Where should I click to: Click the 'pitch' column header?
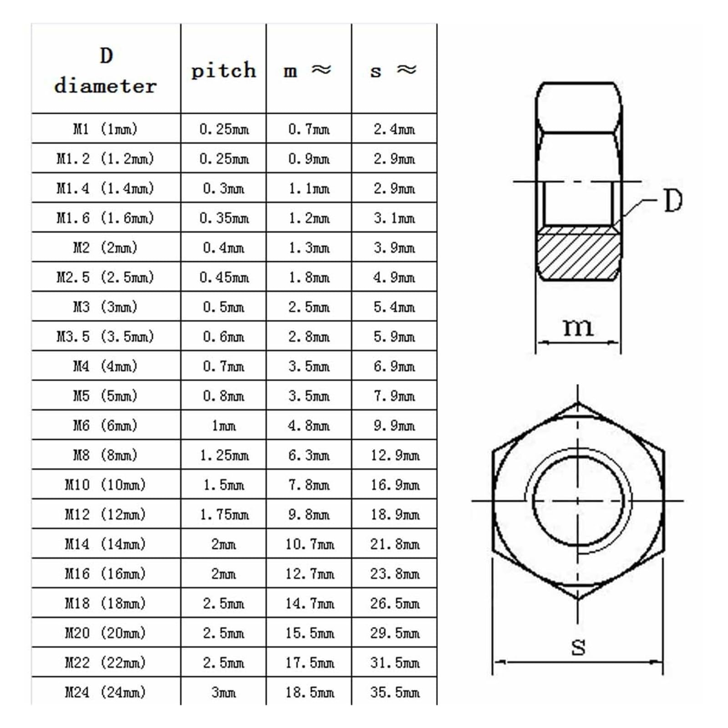click(x=223, y=71)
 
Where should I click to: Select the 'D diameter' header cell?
click(x=106, y=71)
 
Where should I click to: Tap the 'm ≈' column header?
click(x=308, y=71)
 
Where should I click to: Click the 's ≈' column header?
click(x=394, y=71)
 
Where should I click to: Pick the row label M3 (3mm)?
click(x=106, y=307)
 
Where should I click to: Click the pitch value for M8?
click(x=224, y=455)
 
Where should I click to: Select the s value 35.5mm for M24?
click(x=394, y=692)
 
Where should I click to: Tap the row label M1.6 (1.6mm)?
click(x=106, y=218)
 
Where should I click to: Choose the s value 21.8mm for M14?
click(x=394, y=544)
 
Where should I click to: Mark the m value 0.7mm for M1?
click(x=308, y=129)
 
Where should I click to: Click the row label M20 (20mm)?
click(x=106, y=633)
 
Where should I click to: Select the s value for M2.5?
click(x=394, y=277)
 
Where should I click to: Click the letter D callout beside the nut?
click(x=673, y=201)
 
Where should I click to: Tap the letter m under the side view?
click(x=578, y=327)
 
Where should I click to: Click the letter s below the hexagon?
click(x=578, y=647)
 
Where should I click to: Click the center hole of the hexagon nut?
click(x=578, y=500)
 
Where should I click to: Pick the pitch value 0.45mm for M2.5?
click(x=224, y=277)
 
